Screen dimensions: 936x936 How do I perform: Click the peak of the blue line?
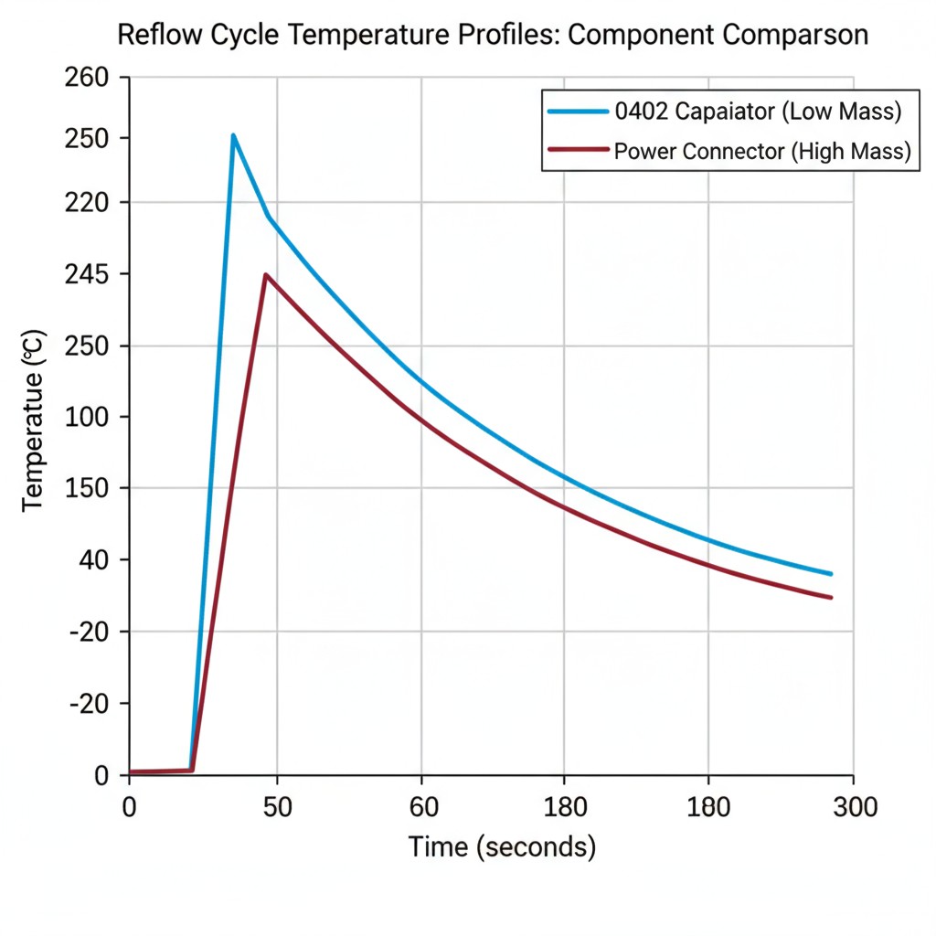coord(234,135)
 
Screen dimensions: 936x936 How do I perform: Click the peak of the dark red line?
coord(265,274)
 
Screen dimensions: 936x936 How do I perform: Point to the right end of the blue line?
coord(831,574)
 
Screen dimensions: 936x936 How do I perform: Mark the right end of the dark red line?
coord(831,598)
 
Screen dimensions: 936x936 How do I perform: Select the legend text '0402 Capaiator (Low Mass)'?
coord(758,112)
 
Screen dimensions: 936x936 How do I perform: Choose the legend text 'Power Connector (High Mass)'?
coord(762,151)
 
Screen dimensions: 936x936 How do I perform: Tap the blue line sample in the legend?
coord(578,112)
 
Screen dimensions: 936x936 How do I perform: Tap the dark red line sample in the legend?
coord(578,149)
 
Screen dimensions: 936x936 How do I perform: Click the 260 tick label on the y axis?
coord(87,78)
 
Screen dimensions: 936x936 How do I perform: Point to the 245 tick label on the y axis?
coord(87,275)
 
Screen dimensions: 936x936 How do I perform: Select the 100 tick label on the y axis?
coord(87,418)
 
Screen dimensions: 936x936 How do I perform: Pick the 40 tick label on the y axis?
coord(94,560)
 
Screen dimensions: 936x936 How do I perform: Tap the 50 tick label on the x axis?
coord(277,807)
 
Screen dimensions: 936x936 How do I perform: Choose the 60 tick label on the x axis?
coord(421,807)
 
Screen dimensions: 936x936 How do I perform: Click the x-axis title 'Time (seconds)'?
coord(502,846)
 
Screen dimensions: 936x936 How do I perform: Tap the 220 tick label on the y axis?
coord(87,202)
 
